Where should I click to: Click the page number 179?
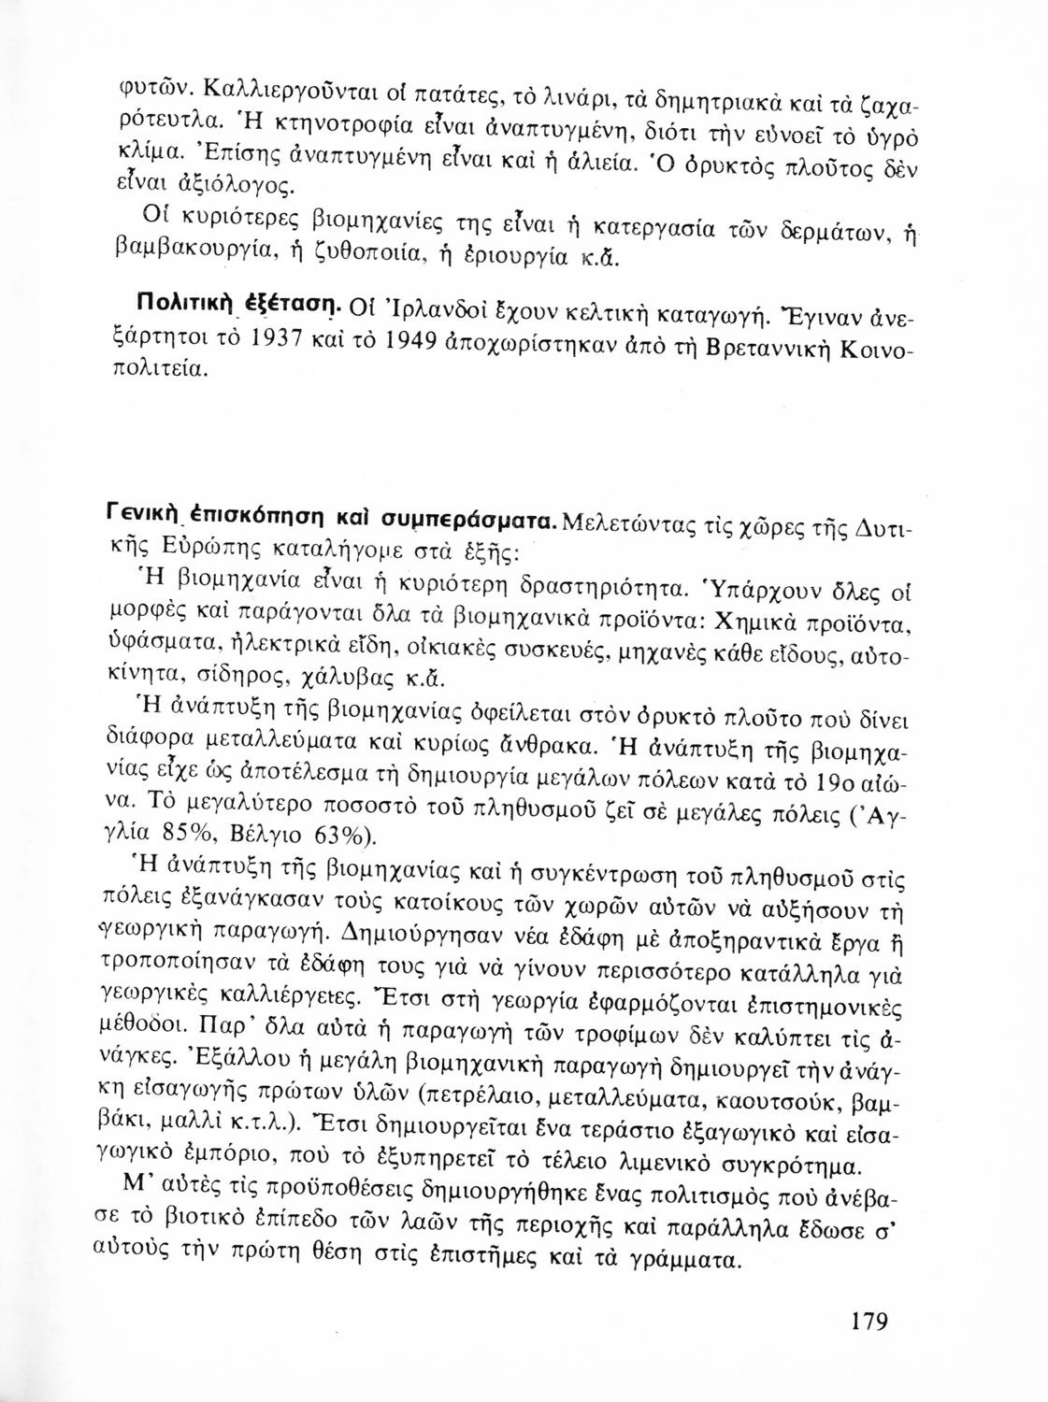[x=869, y=1323]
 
